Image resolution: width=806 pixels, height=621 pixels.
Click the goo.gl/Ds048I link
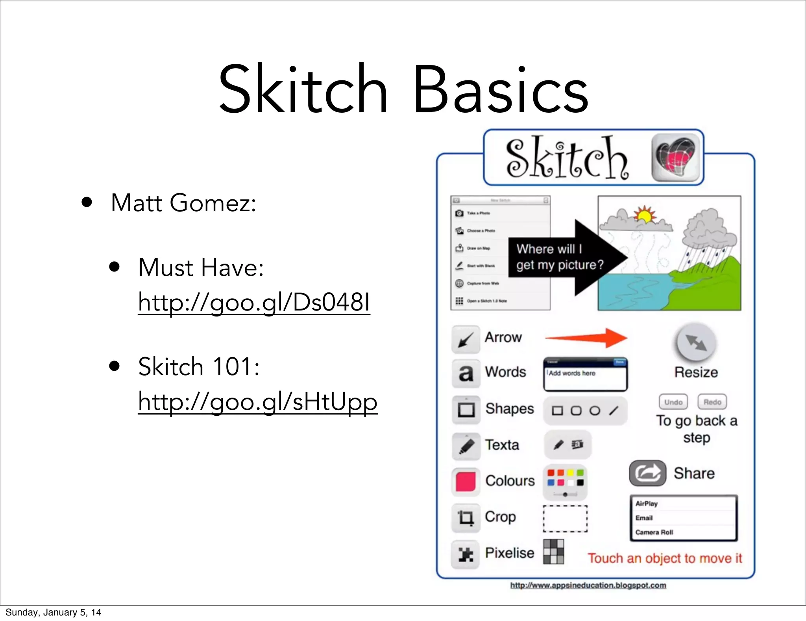pos(254,303)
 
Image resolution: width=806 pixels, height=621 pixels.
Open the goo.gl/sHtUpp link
pos(257,402)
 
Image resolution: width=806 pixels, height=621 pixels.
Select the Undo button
pos(673,402)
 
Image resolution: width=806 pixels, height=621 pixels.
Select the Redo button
pos(712,402)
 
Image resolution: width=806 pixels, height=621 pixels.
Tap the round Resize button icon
pos(696,342)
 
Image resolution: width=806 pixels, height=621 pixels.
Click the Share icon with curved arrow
pos(647,473)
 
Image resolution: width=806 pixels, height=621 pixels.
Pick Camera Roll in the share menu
pos(654,532)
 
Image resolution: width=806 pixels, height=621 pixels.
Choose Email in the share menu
pos(644,518)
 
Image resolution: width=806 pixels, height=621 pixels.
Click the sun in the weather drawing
pos(644,215)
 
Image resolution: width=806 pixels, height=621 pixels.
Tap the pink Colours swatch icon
pos(466,482)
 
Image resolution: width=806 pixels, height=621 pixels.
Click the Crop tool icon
pos(466,517)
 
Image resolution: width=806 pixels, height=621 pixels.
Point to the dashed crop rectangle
pos(565,519)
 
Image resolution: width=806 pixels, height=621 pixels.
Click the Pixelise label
pos(509,553)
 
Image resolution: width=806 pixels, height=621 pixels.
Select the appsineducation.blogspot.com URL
pos(588,586)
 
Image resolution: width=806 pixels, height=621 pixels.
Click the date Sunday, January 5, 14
pos(53,612)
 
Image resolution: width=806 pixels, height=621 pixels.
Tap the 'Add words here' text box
pos(585,377)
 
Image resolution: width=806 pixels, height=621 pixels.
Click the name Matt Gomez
pos(183,203)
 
